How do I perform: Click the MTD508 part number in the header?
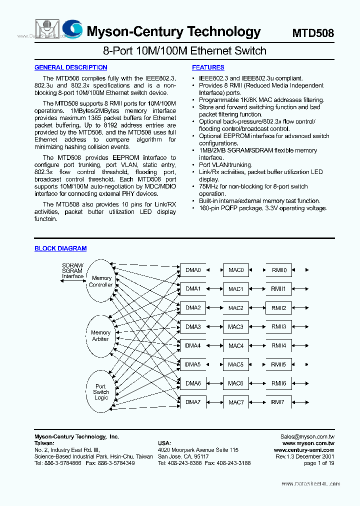pos(313,33)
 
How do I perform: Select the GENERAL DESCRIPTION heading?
pos(70,67)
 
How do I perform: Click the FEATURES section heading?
pos(208,67)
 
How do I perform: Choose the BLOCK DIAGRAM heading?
pos(60,248)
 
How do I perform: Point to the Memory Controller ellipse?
pos(101,281)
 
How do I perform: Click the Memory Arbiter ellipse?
pos(100,335)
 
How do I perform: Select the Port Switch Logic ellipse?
pos(101,392)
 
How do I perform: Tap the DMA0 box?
pos(192,270)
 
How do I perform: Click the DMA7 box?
pos(192,402)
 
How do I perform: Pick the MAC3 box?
pos(235,327)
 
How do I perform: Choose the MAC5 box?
pos(235,365)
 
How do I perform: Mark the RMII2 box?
pos(278,308)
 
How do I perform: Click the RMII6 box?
pos(278,383)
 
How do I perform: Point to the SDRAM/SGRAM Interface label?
pos(73,270)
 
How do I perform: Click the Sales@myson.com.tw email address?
pos(307,437)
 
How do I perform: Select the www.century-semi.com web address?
pos(304,450)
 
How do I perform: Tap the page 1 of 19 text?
pos(319,463)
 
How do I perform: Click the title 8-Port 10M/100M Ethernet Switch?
pos(184,51)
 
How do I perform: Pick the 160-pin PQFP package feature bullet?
pos(263,208)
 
